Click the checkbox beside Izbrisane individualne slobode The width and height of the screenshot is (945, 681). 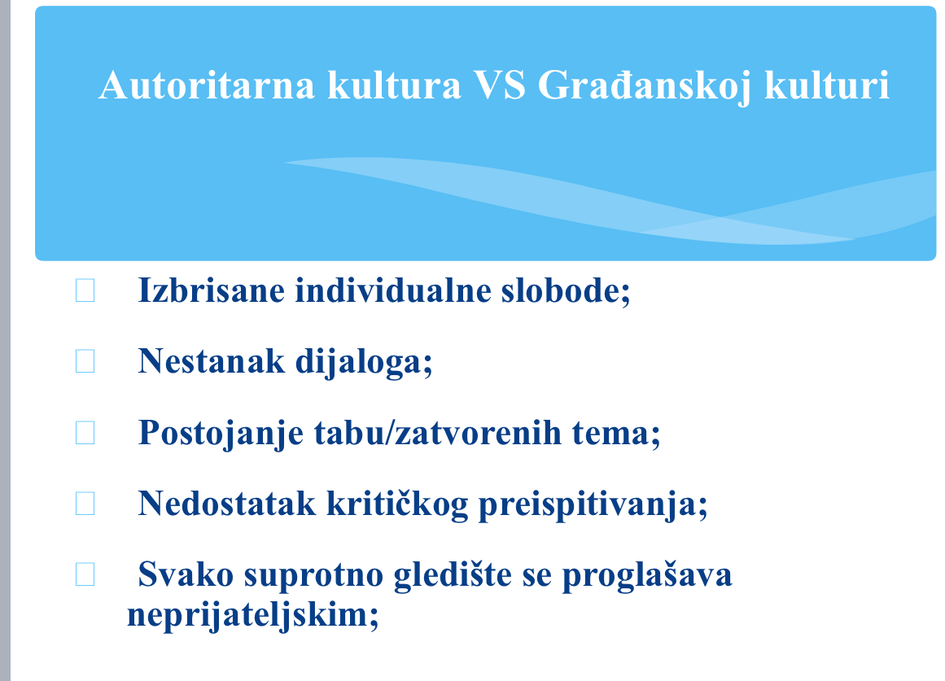85,290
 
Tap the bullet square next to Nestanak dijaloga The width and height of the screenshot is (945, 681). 85,361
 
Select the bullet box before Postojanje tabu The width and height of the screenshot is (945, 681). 85,433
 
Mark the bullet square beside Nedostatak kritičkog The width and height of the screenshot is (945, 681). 85,504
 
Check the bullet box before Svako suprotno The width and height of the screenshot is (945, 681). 85,575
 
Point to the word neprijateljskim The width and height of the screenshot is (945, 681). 252,614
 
